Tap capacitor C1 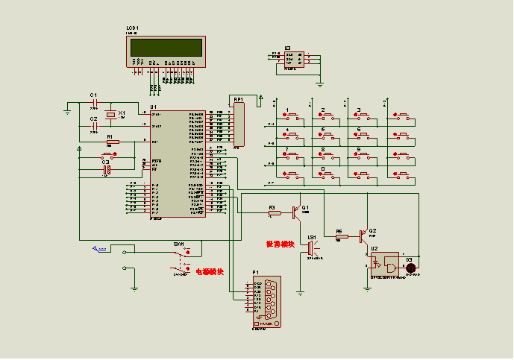coord(94,104)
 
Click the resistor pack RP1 coord(239,123)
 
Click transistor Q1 coord(297,212)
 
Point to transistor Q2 coord(363,236)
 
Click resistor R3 coord(274,213)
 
